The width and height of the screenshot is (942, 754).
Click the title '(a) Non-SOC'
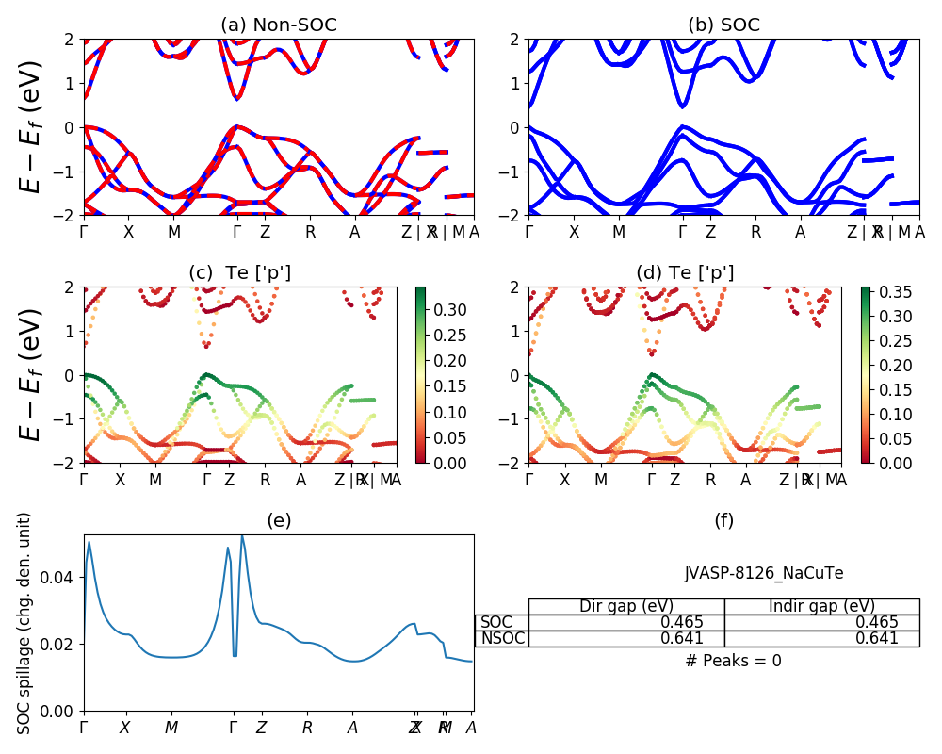click(x=278, y=25)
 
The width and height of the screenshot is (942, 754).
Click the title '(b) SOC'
click(x=723, y=25)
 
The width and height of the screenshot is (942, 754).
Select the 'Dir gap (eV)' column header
click(x=626, y=606)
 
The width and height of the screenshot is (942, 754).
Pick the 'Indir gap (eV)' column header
click(x=821, y=606)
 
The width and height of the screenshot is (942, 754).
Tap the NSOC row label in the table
click(x=502, y=638)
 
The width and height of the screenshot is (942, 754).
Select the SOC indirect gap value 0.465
click(x=877, y=622)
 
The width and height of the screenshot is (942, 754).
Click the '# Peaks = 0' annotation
click(x=733, y=661)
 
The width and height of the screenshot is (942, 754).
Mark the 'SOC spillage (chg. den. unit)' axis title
click(x=25, y=623)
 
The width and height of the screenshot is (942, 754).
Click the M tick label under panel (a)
click(x=174, y=232)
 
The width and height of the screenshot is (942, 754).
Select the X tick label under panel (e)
click(x=125, y=728)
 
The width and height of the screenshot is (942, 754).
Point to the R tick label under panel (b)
click(x=755, y=232)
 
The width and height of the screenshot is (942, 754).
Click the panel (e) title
click(x=279, y=520)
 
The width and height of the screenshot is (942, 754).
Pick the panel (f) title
click(x=723, y=520)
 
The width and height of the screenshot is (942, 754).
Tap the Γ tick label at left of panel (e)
click(x=85, y=728)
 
